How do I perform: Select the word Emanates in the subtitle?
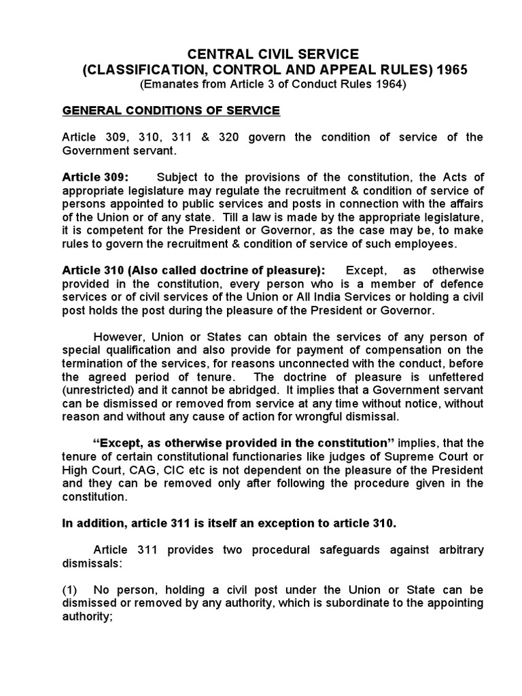169,84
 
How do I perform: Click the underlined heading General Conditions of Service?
171,110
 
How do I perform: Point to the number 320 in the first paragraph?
251,137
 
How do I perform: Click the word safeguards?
340,549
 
